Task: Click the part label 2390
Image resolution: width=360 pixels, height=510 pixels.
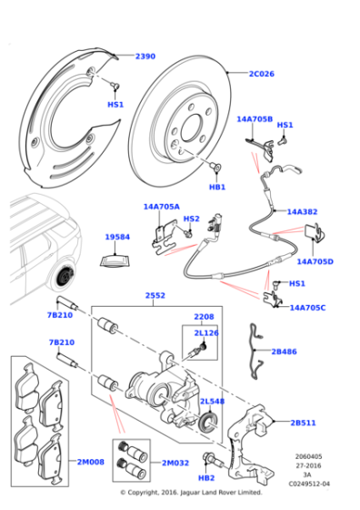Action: click(145, 56)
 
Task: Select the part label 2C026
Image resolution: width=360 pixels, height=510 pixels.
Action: click(262, 74)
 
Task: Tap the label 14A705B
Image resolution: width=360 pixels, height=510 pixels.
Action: click(254, 118)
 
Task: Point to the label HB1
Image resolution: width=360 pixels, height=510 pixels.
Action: click(217, 187)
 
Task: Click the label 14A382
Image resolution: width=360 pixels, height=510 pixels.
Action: click(302, 211)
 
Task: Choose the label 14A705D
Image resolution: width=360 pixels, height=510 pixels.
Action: click(315, 261)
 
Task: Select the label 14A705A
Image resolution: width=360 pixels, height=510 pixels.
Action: click(161, 207)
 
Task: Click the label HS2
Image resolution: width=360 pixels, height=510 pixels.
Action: click(191, 219)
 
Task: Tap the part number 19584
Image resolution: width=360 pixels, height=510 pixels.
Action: click(117, 237)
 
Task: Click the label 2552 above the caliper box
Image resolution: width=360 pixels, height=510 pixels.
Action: click(155, 296)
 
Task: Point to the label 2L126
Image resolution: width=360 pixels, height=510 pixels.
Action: click(207, 333)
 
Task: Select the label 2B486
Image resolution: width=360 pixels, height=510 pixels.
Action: click(284, 350)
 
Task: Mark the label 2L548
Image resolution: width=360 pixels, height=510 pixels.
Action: click(212, 401)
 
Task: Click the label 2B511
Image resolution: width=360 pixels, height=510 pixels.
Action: click(304, 423)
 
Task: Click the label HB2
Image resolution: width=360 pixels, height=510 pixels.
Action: click(206, 476)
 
